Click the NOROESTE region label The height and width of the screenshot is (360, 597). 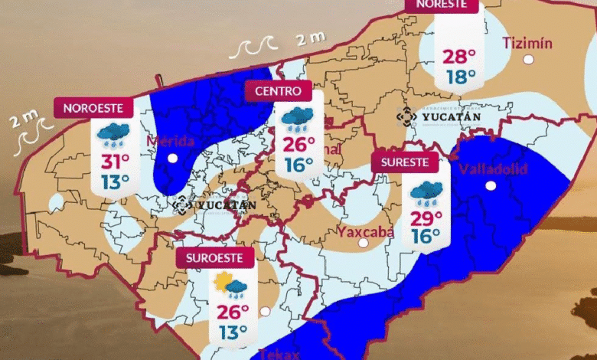pyautogui.click(x=93, y=108)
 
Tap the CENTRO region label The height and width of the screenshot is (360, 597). pyautogui.click(x=279, y=91)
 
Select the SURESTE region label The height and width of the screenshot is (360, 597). pyautogui.click(x=405, y=162)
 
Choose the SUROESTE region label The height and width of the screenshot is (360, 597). pyautogui.click(x=214, y=258)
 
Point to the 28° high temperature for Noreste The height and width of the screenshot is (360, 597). pyautogui.click(x=458, y=57)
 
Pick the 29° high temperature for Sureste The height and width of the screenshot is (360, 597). pyautogui.click(x=425, y=218)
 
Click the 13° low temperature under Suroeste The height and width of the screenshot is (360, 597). pyautogui.click(x=232, y=332)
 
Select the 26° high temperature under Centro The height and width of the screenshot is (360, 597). pyautogui.click(x=299, y=144)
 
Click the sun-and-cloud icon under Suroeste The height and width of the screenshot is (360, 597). pyautogui.click(x=230, y=286)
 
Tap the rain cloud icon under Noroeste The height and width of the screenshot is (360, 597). pyautogui.click(x=113, y=134)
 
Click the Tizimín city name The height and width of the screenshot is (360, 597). pyautogui.click(x=527, y=43)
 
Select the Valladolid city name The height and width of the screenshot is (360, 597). pyautogui.click(x=493, y=169)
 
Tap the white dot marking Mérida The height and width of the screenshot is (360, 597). pyautogui.click(x=173, y=159)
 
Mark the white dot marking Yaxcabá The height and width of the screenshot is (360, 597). pyautogui.click(x=363, y=244)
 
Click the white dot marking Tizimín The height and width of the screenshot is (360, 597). pyautogui.click(x=528, y=59)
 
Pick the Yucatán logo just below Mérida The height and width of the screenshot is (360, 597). pyautogui.click(x=214, y=205)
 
